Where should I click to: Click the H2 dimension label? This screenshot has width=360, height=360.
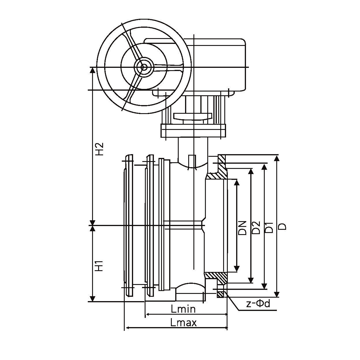point(99,149)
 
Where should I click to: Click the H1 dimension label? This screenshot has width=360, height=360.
point(99,266)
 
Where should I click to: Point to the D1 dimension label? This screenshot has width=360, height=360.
point(269,227)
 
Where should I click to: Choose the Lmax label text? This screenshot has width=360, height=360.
point(183,322)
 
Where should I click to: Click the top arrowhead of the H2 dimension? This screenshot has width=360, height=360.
point(92,70)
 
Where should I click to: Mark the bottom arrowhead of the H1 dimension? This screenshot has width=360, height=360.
point(92,299)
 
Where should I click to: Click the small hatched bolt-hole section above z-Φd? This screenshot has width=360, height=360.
point(220,294)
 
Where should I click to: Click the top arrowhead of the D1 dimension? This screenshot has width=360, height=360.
point(264,167)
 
